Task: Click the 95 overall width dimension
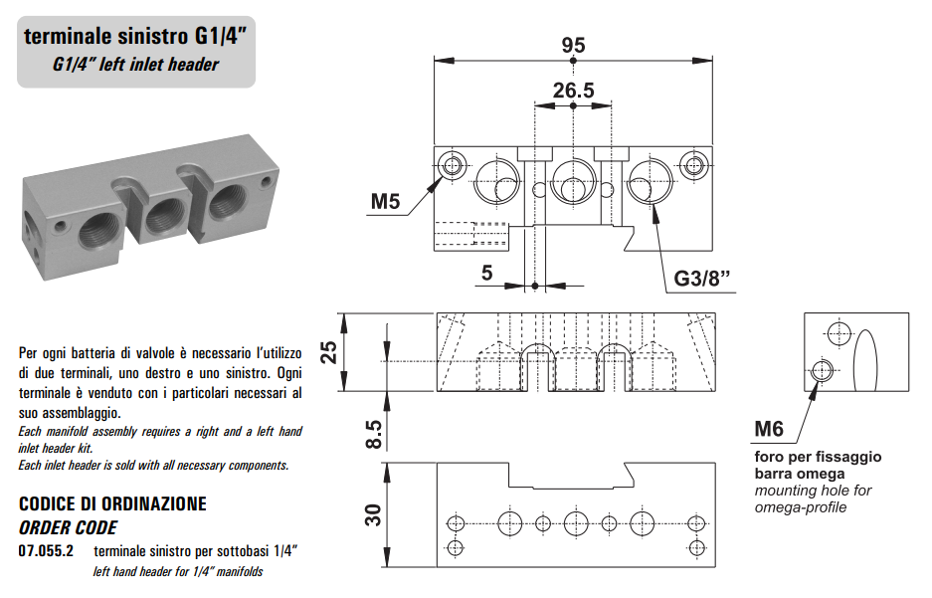click(x=573, y=46)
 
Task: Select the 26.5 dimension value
click(x=573, y=91)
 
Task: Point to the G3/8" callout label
click(x=702, y=278)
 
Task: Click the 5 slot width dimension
click(x=486, y=272)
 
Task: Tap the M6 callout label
click(x=769, y=429)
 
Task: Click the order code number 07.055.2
click(x=46, y=550)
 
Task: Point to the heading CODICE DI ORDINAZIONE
click(x=112, y=504)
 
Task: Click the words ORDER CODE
click(x=68, y=527)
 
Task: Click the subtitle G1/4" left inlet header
click(x=135, y=65)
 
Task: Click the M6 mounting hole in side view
click(x=823, y=371)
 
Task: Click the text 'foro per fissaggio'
click(x=818, y=457)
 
